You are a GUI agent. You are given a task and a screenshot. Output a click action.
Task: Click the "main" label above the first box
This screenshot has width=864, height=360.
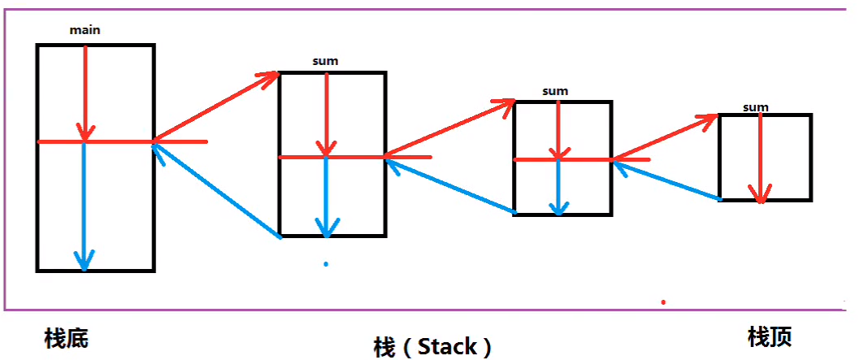click(85, 30)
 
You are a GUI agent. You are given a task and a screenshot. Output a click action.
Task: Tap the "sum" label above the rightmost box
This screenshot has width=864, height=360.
click(755, 106)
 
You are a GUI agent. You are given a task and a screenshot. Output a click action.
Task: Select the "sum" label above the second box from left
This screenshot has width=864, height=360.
click(325, 61)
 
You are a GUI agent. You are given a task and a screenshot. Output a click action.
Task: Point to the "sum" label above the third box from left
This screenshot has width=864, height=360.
click(555, 91)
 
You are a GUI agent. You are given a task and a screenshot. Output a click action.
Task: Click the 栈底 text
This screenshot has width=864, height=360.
click(66, 338)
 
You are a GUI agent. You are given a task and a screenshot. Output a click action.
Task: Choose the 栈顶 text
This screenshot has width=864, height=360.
click(769, 336)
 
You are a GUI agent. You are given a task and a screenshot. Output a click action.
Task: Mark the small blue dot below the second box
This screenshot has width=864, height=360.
click(326, 264)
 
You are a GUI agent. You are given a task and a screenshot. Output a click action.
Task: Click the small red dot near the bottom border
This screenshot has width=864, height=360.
click(663, 302)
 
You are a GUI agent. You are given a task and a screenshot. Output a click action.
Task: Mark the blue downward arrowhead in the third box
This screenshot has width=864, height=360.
click(558, 206)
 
